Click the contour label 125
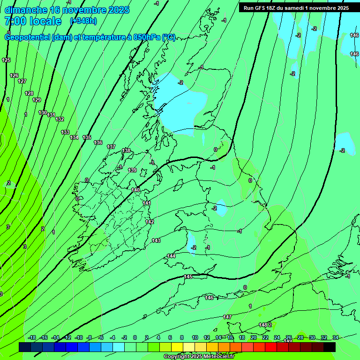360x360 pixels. click(x=6, y=60)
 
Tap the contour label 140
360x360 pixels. click(x=135, y=190)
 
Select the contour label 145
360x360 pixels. click(x=188, y=277)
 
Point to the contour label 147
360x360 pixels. click(x=227, y=317)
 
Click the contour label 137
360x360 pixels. click(x=111, y=147)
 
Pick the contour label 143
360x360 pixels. click(x=156, y=240)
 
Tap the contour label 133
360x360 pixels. click(x=65, y=132)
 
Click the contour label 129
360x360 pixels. click(x=37, y=100)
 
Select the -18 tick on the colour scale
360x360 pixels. click(x=32, y=337)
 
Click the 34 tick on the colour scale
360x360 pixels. click(x=335, y=337)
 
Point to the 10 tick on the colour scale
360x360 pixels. click(x=195, y=337)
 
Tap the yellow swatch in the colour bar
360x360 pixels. click(x=177, y=347)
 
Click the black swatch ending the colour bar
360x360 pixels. click(x=330, y=347)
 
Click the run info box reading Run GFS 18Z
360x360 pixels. click(x=296, y=8)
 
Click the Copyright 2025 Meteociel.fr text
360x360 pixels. click(x=199, y=357)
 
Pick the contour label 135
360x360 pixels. click(x=87, y=137)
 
